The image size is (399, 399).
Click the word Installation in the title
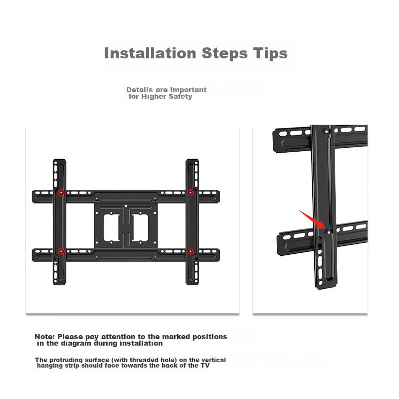[150, 53]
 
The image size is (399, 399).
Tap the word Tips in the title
[270, 54]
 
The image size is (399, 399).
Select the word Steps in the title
[224, 54]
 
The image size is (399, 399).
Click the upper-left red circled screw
[61, 193]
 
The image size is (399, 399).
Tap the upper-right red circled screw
[191, 193]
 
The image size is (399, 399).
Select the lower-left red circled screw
[61, 251]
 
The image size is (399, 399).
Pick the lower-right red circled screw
[191, 251]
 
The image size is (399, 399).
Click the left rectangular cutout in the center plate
[111, 228]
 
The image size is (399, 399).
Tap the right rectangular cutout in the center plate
[140, 228]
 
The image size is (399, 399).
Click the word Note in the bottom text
[44, 337]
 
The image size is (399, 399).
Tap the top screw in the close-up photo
[327, 132]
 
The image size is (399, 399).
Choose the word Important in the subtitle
[189, 90]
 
